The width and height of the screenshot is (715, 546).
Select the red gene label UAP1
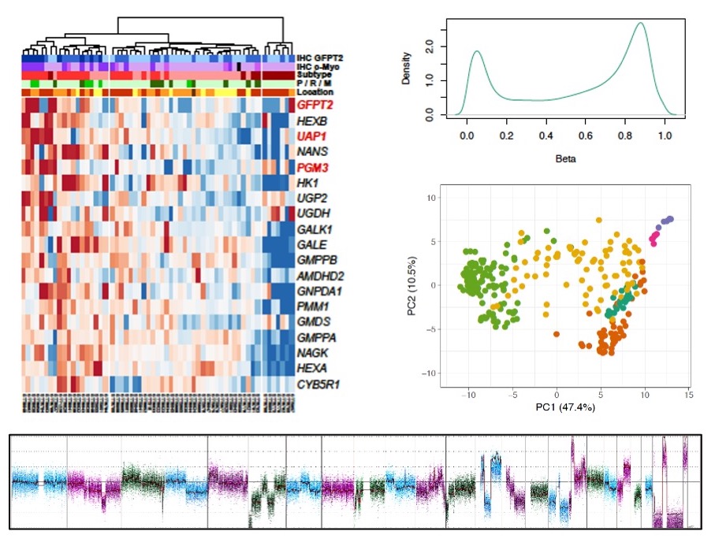click(x=312, y=136)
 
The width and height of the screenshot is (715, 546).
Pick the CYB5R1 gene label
click(x=318, y=384)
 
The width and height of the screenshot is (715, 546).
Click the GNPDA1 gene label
click(x=318, y=291)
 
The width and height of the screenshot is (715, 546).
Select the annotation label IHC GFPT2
click(x=318, y=58)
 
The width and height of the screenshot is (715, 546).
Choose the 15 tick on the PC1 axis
click(x=688, y=392)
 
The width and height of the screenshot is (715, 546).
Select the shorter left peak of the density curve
click(x=477, y=51)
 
